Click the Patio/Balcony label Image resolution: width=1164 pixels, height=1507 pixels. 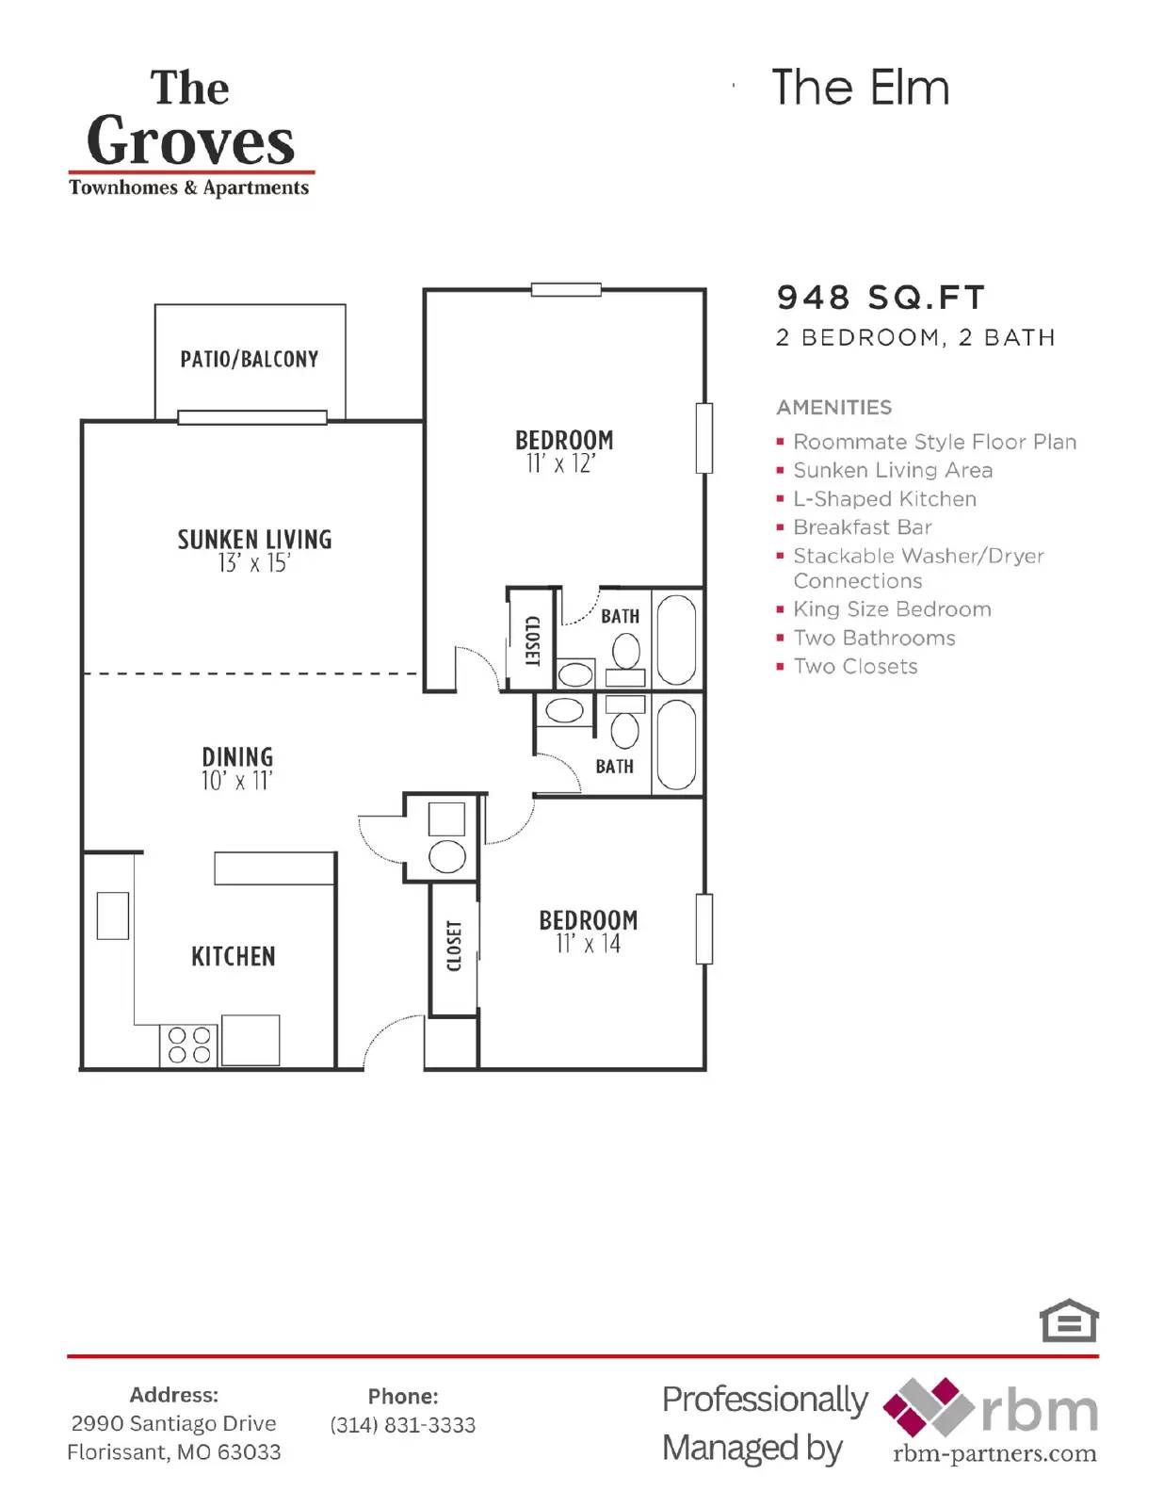click(x=250, y=359)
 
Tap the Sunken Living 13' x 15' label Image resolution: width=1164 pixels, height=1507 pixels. click(x=254, y=550)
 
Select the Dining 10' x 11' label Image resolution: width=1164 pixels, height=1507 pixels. click(x=236, y=768)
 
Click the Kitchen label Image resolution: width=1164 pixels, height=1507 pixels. click(x=234, y=956)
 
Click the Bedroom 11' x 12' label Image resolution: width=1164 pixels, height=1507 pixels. click(x=563, y=451)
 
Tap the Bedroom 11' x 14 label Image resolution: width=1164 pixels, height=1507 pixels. click(x=588, y=931)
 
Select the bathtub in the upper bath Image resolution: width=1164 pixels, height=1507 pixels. click(x=676, y=639)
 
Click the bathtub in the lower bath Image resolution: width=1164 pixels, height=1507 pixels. click(x=676, y=744)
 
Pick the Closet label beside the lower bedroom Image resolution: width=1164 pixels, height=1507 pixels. click(x=454, y=946)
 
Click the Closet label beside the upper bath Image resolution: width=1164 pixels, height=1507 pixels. click(x=531, y=640)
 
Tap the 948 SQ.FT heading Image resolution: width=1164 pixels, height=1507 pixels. click(x=880, y=298)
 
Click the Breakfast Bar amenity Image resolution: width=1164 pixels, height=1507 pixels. click(x=862, y=527)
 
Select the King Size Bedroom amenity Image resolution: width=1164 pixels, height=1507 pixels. click(x=891, y=609)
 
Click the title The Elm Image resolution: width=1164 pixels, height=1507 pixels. click(x=860, y=88)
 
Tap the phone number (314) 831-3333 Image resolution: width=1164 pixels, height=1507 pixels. click(x=402, y=1425)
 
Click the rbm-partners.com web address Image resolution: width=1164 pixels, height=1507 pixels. click(x=994, y=1453)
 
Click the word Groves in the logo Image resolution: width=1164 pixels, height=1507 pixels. click(x=191, y=141)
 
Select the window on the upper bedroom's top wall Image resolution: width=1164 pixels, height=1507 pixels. click(x=566, y=289)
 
